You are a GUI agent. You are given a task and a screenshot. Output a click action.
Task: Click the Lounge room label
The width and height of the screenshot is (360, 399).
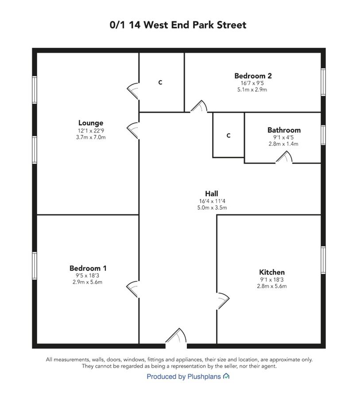[x=91, y=123]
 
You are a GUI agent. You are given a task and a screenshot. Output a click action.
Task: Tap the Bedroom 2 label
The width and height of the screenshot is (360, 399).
[x=253, y=76]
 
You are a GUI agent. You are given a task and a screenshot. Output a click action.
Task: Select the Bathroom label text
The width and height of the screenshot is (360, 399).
[x=284, y=130]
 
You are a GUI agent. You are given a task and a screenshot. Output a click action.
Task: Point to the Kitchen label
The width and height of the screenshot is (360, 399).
[x=272, y=272]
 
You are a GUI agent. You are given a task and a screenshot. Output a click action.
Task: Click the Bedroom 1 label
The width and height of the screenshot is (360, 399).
[x=88, y=268]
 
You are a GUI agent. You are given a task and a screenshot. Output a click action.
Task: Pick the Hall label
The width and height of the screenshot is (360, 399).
[x=212, y=194]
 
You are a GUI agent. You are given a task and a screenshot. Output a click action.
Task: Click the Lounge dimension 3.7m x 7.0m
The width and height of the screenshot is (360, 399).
[x=91, y=137]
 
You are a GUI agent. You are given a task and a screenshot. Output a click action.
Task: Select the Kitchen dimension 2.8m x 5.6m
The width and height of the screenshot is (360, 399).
[x=272, y=286]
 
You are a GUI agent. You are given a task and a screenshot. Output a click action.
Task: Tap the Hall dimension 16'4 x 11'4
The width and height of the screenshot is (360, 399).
[x=212, y=201]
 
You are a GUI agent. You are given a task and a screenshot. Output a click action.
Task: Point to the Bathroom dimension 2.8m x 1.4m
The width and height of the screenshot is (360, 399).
[x=283, y=144]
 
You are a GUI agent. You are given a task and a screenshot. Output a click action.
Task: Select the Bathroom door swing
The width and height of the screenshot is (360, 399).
[x=284, y=157]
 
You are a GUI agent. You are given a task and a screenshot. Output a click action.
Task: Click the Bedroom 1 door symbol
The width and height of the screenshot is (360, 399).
[x=133, y=289]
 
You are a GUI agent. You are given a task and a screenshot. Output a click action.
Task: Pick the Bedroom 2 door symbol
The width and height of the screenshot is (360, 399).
[x=199, y=106]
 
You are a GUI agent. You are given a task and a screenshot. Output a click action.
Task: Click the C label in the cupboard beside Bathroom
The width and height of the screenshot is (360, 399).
[x=228, y=136]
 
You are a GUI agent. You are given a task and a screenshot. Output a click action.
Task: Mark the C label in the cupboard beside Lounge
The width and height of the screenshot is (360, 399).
[x=160, y=82]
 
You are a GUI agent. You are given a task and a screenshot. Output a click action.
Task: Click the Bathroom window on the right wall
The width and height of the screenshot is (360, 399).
[x=323, y=135]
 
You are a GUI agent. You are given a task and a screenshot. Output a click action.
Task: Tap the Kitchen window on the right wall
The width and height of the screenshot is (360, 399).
[x=323, y=260]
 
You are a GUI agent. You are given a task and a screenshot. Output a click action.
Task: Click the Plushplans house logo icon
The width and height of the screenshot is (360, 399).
[x=226, y=376]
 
